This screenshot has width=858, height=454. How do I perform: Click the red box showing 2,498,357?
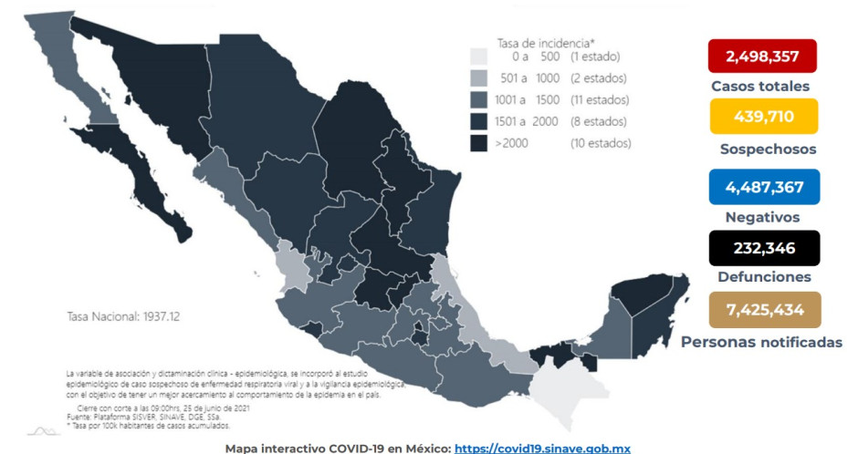[x=761, y=57]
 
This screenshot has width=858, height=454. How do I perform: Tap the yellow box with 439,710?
[x=761, y=116]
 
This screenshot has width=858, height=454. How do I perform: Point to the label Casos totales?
[x=760, y=87]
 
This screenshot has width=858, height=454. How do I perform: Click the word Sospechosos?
[x=764, y=149]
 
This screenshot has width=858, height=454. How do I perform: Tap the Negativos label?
[x=762, y=217]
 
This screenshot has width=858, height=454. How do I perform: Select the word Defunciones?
[x=763, y=276]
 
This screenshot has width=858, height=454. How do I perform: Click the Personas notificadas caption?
[x=761, y=342]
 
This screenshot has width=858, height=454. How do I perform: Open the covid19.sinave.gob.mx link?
[x=541, y=448]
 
